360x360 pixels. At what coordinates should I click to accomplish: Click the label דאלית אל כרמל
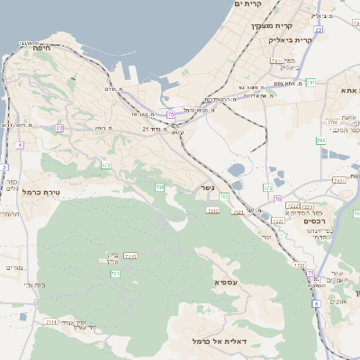[x=220, y=341]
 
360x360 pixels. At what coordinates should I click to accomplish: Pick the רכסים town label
[x=314, y=221]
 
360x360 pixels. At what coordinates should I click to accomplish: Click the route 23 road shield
[x=59, y=129]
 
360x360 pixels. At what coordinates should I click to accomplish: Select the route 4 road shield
[x=19, y=144]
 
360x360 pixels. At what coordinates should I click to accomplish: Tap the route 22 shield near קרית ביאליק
[x=267, y=187]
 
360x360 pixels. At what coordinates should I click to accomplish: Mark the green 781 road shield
[x=310, y=83]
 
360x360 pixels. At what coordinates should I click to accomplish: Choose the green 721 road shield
[x=115, y=273]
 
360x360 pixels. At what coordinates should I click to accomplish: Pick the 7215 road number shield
[x=130, y=257]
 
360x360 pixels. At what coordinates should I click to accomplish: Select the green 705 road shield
[x=159, y=186]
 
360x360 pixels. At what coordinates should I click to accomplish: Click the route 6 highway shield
[x=317, y=303]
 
